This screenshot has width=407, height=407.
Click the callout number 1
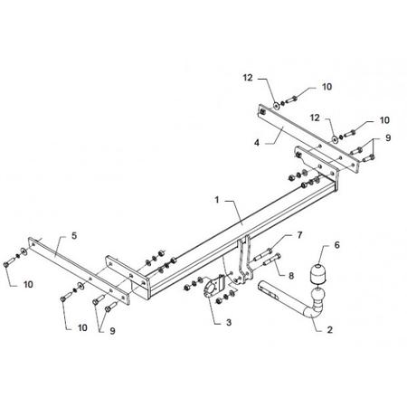click(x=217, y=200)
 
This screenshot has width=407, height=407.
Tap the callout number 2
click(x=330, y=329)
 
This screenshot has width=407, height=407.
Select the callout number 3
click(x=229, y=322)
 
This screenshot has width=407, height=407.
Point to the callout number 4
click(x=257, y=143)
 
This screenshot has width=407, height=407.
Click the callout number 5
click(x=74, y=235)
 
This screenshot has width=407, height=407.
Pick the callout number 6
click(x=336, y=245)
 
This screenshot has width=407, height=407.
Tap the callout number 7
click(x=299, y=235)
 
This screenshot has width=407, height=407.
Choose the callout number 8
click(x=291, y=276)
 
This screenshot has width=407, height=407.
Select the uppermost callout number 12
click(x=248, y=78)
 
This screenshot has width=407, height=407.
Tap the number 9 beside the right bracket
click(x=388, y=137)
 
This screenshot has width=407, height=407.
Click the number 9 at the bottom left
click(x=112, y=331)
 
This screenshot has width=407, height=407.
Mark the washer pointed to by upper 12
click(x=276, y=105)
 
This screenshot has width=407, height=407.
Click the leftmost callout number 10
click(x=28, y=284)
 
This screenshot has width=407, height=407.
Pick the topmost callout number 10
click(x=327, y=87)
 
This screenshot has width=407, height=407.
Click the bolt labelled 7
click(x=262, y=254)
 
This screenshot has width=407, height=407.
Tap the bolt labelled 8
click(x=271, y=260)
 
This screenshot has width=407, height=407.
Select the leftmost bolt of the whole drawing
click(x=9, y=262)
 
